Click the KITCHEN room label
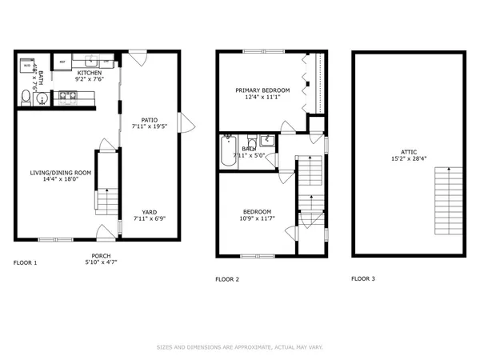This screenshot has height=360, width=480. [x=89, y=72]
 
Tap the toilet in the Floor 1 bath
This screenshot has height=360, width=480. [x=26, y=98]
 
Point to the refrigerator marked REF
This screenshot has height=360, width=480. [x=62, y=62]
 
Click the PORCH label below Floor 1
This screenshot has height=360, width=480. [x=101, y=256]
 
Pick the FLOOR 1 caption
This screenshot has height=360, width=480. [x=26, y=262]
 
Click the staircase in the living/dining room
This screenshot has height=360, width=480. [x=106, y=200]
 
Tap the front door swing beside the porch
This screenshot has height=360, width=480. [x=104, y=233]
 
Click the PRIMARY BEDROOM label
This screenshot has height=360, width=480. [x=262, y=90]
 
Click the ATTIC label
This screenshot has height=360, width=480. [x=409, y=152]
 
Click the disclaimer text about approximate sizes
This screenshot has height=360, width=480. [x=239, y=346]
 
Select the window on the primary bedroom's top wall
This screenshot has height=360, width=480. [x=261, y=52]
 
